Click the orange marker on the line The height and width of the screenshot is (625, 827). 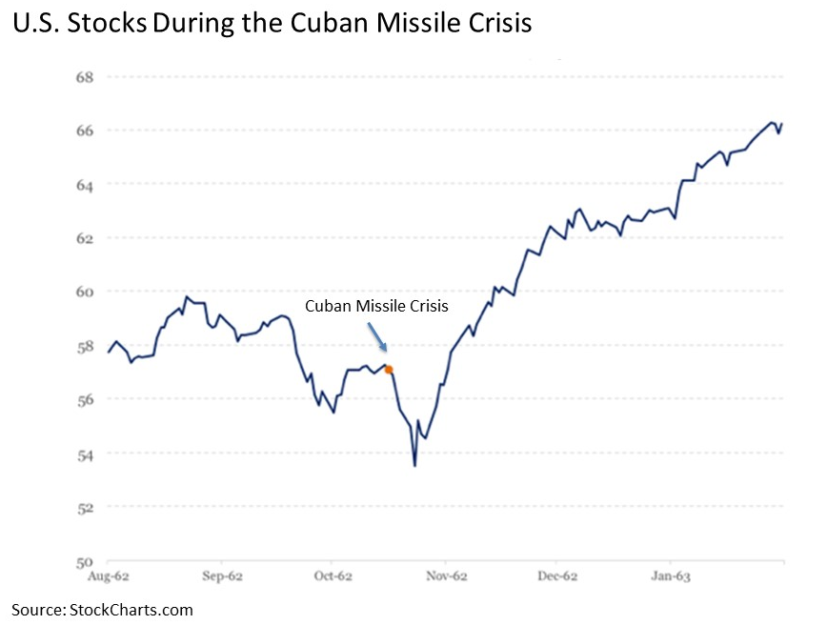tap(389, 369)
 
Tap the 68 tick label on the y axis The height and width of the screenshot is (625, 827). tap(86, 76)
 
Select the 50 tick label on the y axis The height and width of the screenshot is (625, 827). tap(86, 561)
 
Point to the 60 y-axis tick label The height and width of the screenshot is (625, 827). tap(86, 292)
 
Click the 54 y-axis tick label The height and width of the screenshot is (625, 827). tap(86, 454)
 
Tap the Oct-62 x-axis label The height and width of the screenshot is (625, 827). tap(333, 576)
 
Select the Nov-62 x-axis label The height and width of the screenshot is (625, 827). tap(446, 576)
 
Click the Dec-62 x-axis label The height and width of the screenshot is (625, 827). tap(557, 576)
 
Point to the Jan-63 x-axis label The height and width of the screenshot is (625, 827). tap(670, 576)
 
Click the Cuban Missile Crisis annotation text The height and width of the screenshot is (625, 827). tap(375, 306)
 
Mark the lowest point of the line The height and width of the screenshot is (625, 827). tap(414, 465)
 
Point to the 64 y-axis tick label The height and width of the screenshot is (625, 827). tap(86, 184)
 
